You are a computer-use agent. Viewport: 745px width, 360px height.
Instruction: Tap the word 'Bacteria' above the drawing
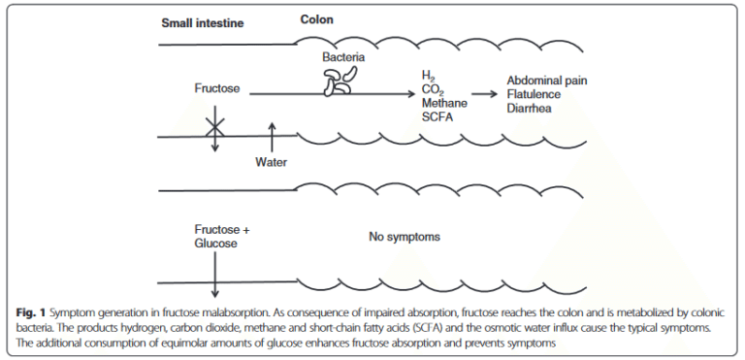click(343, 58)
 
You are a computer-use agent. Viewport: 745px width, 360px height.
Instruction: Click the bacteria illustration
click(339, 86)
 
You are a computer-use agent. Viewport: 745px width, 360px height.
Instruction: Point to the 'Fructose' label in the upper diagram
click(218, 89)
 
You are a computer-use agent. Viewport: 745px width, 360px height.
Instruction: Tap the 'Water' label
click(272, 162)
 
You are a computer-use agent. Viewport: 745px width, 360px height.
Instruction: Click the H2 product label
click(429, 75)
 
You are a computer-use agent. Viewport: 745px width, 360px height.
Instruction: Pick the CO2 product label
click(433, 89)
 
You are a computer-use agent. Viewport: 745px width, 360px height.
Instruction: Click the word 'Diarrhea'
click(533, 108)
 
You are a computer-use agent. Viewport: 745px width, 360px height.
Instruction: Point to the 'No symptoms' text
click(406, 236)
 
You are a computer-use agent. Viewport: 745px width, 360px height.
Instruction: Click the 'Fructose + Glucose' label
click(220, 237)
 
